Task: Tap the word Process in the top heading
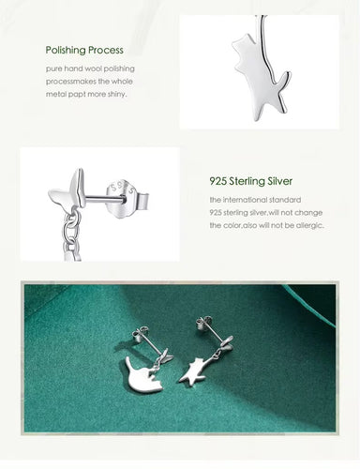[104, 50]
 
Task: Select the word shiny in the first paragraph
[114, 94]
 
